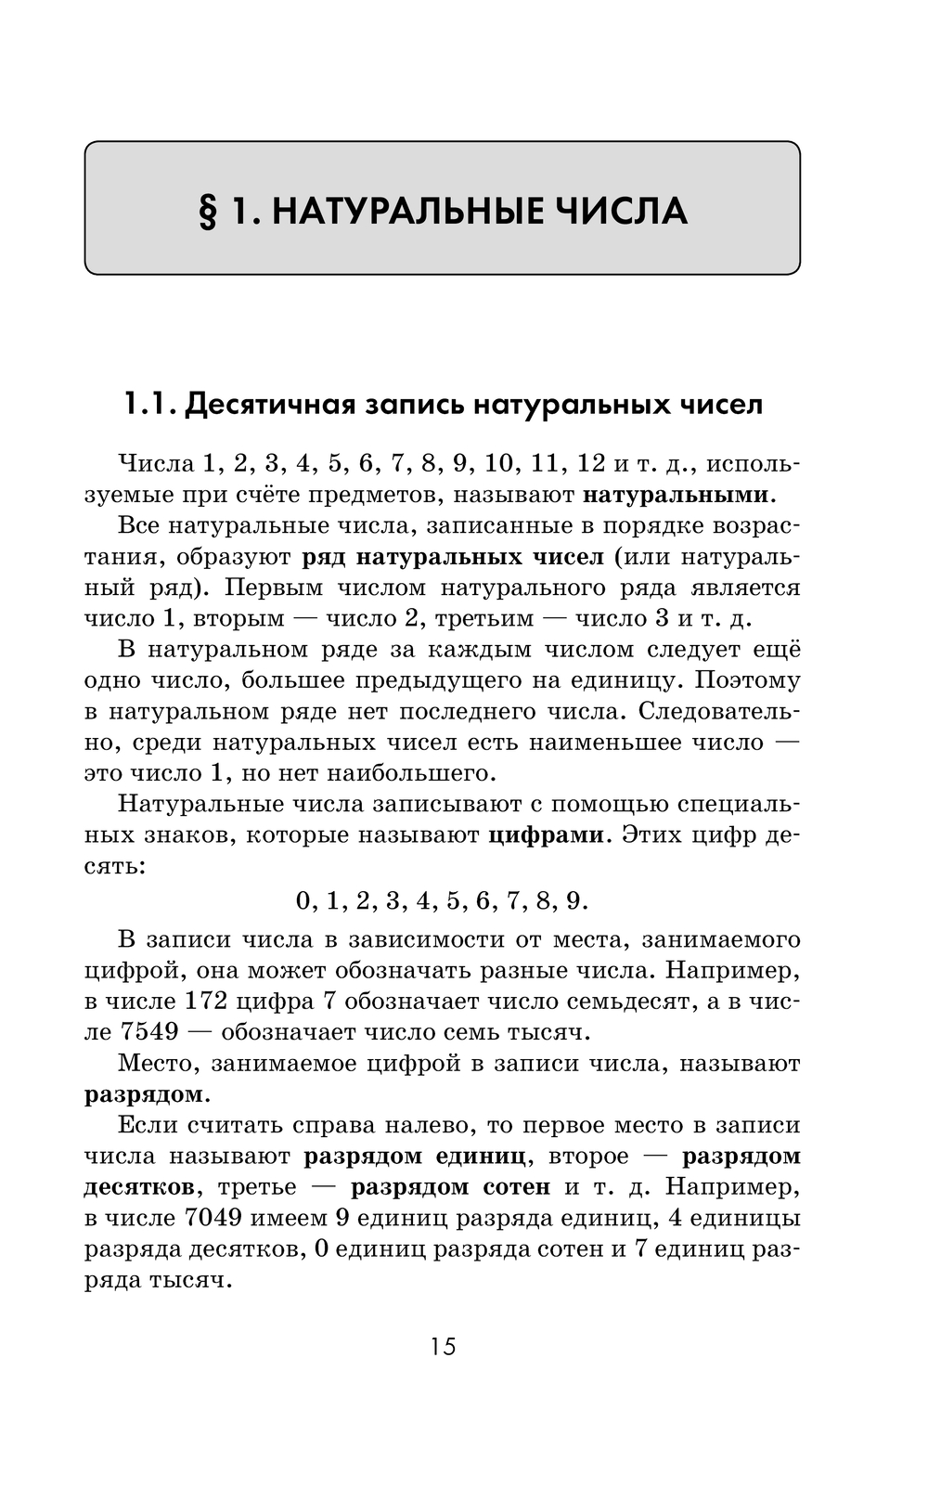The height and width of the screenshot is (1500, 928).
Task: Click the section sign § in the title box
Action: click(x=208, y=212)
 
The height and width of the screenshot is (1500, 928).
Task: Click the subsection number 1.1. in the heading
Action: click(x=148, y=405)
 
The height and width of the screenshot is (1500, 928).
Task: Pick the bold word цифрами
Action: click(x=546, y=834)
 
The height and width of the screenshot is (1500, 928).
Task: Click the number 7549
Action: click(x=150, y=1032)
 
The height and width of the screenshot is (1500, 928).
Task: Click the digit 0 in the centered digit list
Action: click(x=303, y=900)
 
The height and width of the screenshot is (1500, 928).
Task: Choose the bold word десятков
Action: click(x=139, y=1187)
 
